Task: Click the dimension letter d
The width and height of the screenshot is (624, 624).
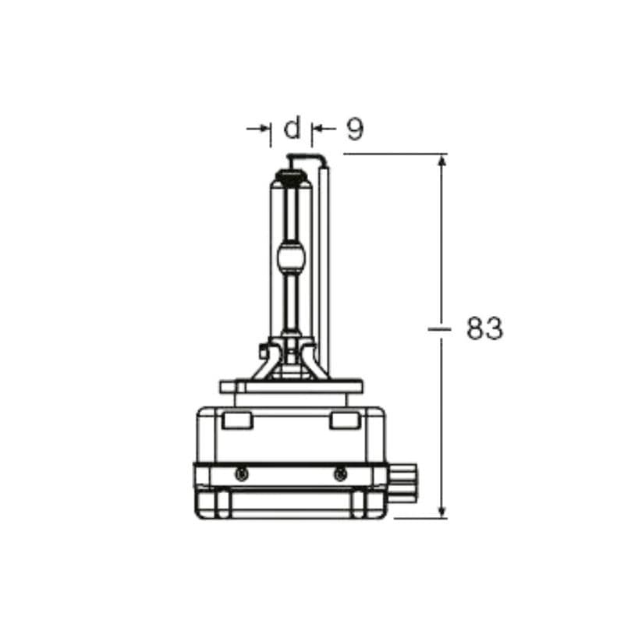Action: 292,127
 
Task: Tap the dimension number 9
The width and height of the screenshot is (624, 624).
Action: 355,129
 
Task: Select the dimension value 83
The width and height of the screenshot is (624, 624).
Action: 484,328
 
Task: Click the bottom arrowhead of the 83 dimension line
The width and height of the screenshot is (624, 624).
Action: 441,512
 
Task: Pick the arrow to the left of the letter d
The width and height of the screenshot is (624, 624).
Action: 258,129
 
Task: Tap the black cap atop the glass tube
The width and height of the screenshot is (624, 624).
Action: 292,175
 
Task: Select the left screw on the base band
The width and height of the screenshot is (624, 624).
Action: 242,474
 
